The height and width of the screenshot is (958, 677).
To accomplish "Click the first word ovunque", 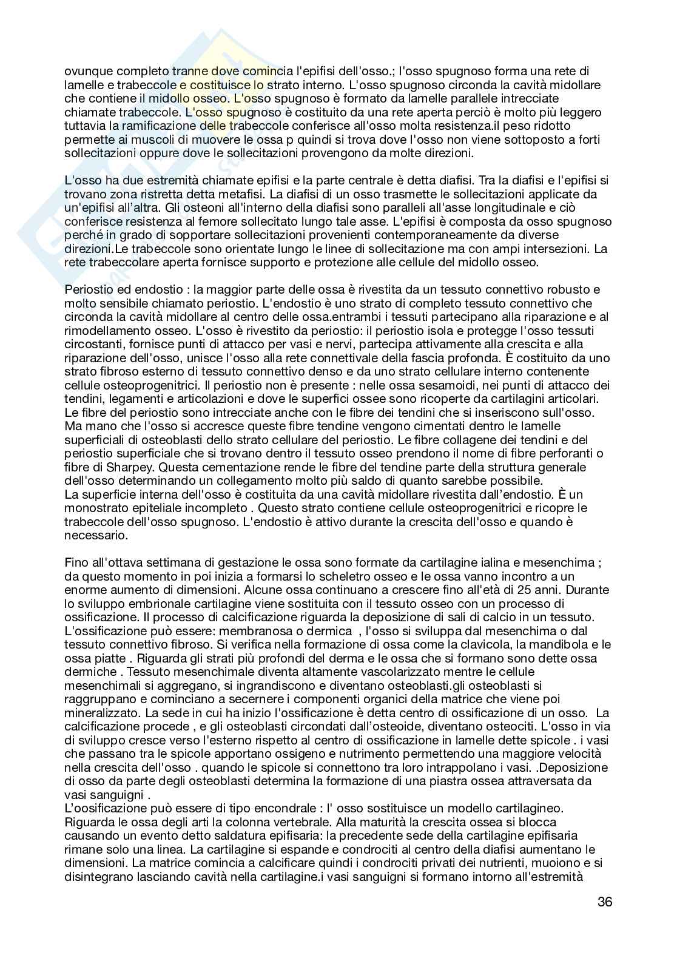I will pyautogui.click(x=86, y=71).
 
